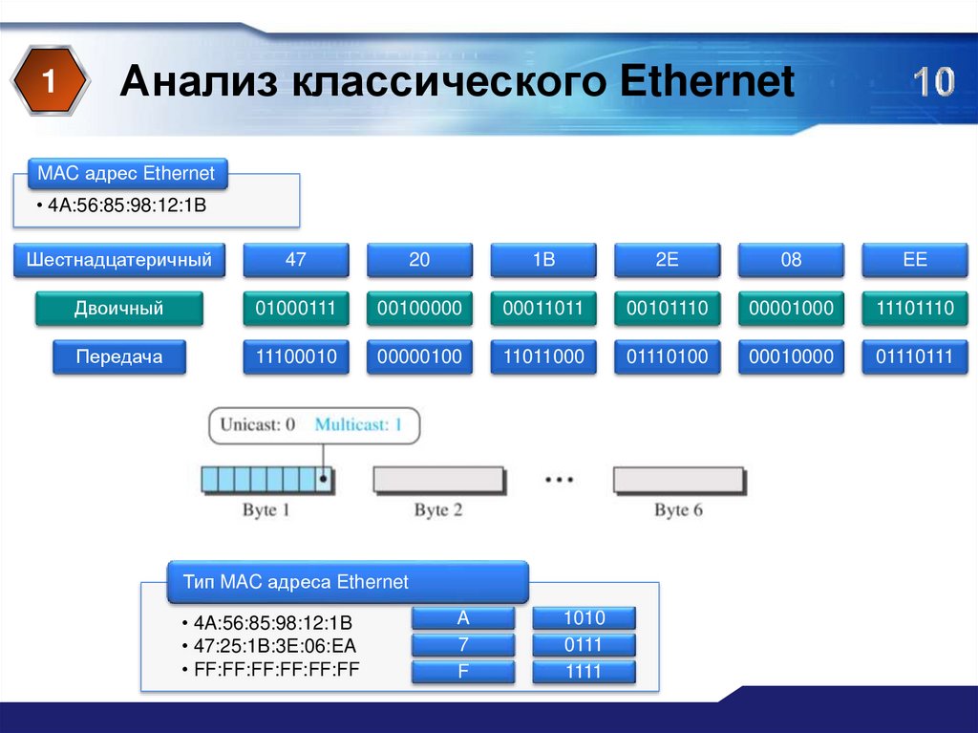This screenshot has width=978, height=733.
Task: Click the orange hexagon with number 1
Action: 50,80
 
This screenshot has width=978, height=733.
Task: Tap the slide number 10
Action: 934,82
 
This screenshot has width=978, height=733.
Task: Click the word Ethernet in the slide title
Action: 707,81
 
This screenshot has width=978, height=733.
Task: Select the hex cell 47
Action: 296,260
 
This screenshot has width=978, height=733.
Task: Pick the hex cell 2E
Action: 667,260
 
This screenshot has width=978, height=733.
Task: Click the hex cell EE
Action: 914,260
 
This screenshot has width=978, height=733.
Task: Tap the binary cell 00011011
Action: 543,309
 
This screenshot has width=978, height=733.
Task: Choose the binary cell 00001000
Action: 791,309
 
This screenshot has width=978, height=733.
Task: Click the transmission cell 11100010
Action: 296,357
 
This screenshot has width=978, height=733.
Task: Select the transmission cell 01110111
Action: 914,357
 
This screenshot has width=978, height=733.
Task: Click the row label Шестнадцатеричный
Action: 119,260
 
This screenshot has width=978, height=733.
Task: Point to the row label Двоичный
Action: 119,309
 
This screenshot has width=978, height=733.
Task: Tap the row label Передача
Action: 119,357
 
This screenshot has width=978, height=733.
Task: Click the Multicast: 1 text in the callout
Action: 358,425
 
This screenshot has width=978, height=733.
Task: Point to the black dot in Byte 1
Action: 323,479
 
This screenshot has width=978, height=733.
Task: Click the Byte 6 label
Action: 678,510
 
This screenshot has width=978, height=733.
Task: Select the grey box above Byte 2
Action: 439,480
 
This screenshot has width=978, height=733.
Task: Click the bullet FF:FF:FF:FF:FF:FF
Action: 270,670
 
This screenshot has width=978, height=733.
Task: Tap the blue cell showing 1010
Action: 584,618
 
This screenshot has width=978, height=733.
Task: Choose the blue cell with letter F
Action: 463,672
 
